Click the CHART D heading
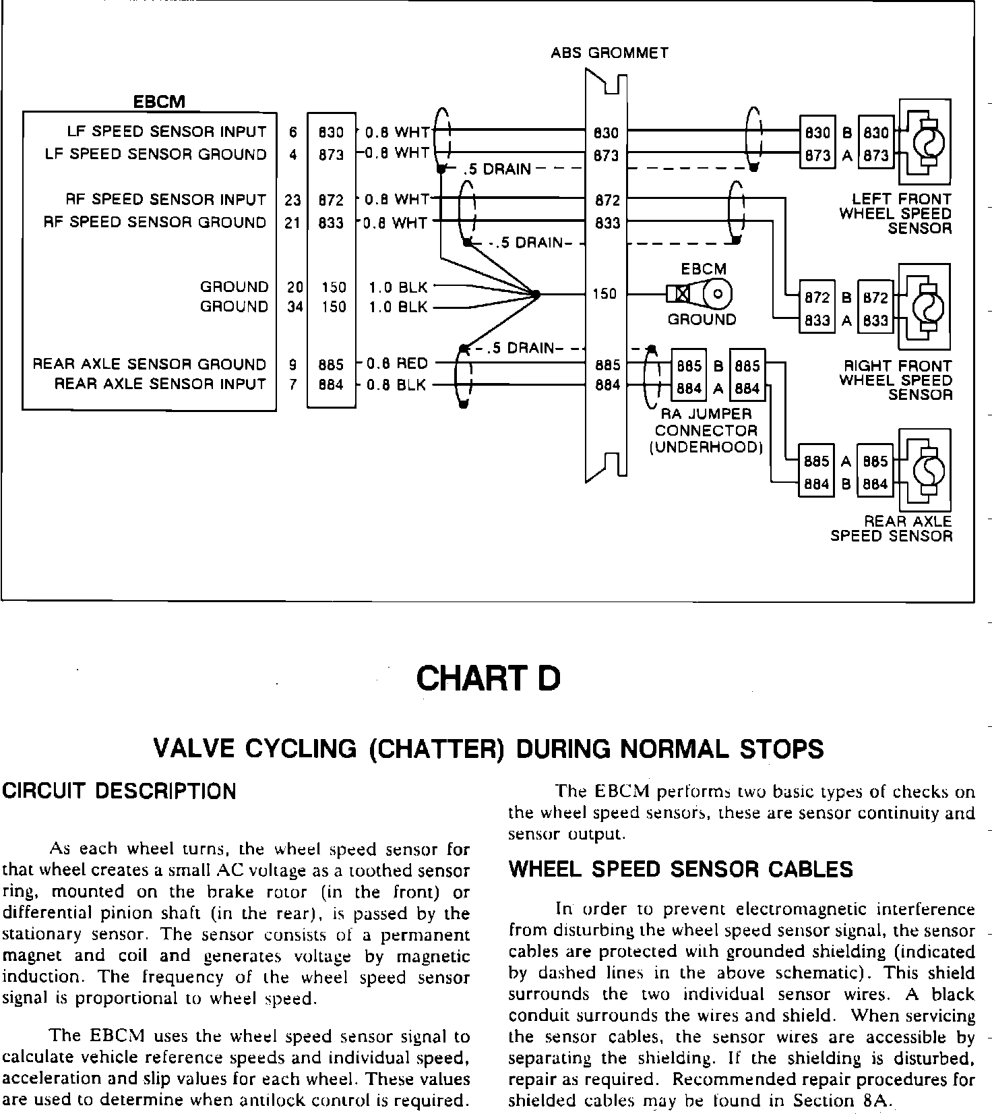488,678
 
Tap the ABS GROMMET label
609,53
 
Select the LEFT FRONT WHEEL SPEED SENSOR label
896,214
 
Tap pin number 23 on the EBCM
292,200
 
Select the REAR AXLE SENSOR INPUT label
160,384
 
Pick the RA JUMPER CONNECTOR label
706,430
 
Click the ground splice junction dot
536,294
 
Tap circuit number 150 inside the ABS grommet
604,294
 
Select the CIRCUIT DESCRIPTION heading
119,791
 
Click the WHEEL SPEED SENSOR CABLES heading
681,869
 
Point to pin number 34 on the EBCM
294,307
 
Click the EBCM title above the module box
158,102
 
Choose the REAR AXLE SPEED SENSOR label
891,529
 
